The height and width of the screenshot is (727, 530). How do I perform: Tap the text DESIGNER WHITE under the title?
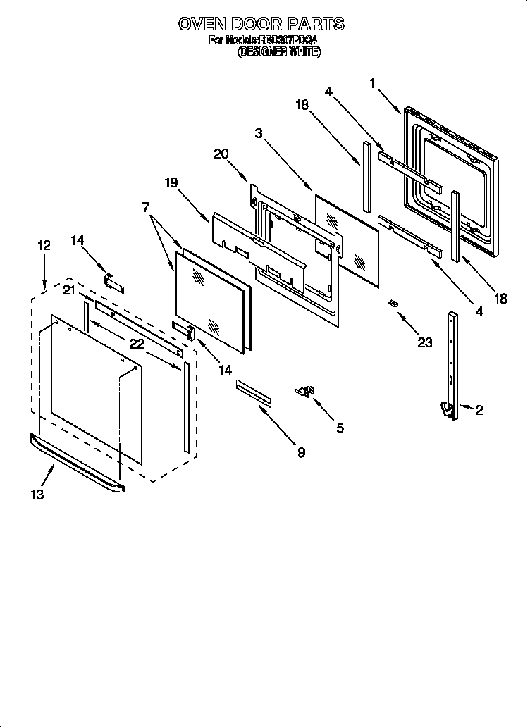(279, 51)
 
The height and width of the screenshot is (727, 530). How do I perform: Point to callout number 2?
(479, 411)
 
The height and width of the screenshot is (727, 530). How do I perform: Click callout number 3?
(259, 133)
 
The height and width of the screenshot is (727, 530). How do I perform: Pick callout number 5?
(340, 428)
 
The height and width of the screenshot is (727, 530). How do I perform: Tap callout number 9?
(301, 453)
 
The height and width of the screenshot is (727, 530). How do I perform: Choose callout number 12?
(44, 245)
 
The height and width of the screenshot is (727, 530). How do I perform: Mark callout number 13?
(37, 495)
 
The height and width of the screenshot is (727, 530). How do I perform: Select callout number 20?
(221, 154)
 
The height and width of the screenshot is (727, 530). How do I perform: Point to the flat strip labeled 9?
(254, 391)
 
